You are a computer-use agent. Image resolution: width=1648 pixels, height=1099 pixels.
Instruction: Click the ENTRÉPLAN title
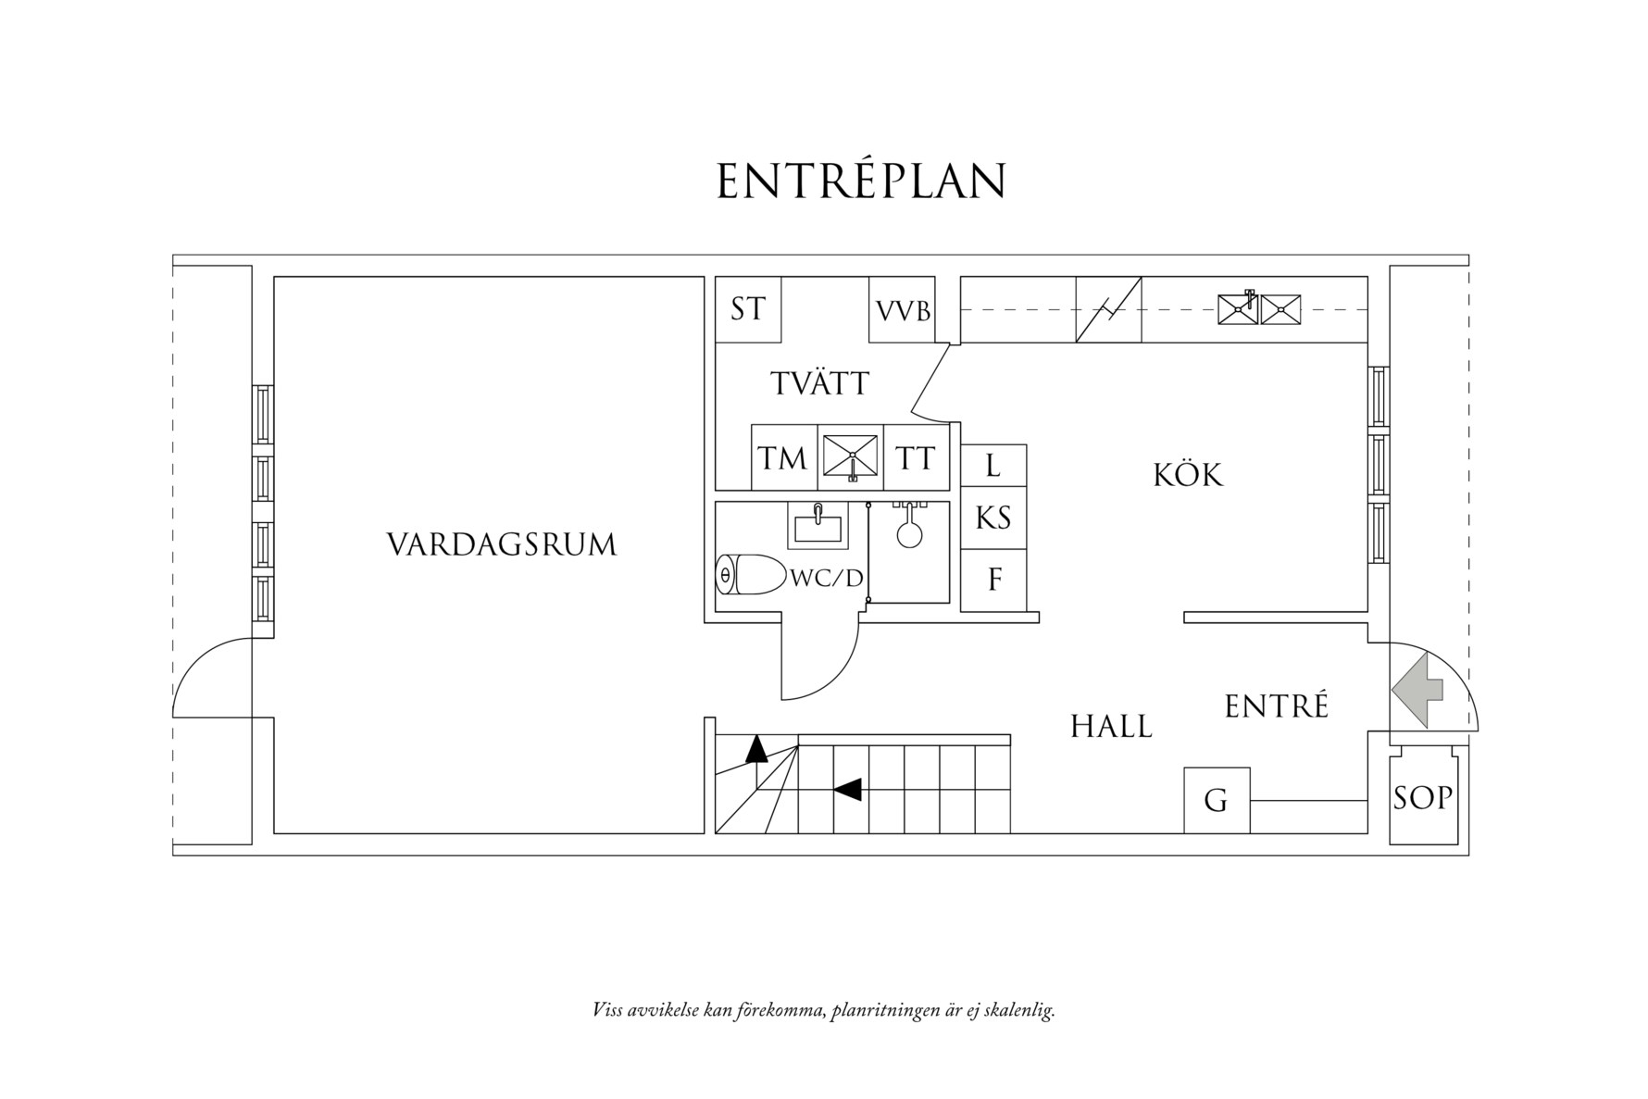click(861, 182)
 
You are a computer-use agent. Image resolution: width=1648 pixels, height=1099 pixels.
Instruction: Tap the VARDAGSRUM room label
click(501, 544)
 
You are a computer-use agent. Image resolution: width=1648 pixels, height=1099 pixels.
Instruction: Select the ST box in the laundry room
click(748, 309)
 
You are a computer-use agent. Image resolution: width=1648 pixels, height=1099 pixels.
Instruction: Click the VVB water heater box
click(903, 310)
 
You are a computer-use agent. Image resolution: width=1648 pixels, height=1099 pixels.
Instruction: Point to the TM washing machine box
click(783, 458)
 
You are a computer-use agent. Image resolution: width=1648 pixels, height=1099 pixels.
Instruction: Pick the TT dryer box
click(916, 458)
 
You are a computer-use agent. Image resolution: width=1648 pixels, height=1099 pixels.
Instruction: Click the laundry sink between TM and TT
click(850, 457)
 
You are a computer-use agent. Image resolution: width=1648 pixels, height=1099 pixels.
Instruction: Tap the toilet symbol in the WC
click(749, 576)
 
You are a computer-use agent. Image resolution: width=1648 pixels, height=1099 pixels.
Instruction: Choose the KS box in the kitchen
click(993, 518)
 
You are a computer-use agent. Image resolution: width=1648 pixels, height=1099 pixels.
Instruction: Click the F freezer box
click(994, 581)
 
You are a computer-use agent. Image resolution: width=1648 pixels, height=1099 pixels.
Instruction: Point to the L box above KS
click(993, 466)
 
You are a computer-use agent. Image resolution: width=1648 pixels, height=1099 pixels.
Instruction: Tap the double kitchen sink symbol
click(1259, 309)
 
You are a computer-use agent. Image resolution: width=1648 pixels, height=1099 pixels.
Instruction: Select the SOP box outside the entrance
click(1422, 797)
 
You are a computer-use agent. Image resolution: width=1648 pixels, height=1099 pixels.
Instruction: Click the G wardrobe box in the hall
click(1216, 800)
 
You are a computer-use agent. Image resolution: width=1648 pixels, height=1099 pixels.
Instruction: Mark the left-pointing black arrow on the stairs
click(848, 790)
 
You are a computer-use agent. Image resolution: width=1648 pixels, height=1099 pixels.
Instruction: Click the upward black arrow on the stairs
click(757, 748)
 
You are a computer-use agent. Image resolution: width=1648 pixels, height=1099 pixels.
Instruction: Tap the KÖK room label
click(1188, 476)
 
